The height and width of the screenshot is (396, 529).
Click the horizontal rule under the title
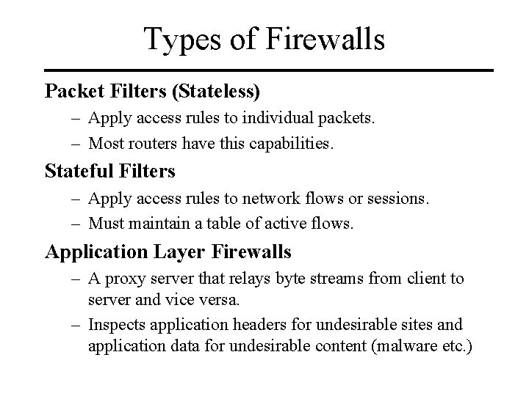264,70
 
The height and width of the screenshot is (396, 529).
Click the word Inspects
118,323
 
